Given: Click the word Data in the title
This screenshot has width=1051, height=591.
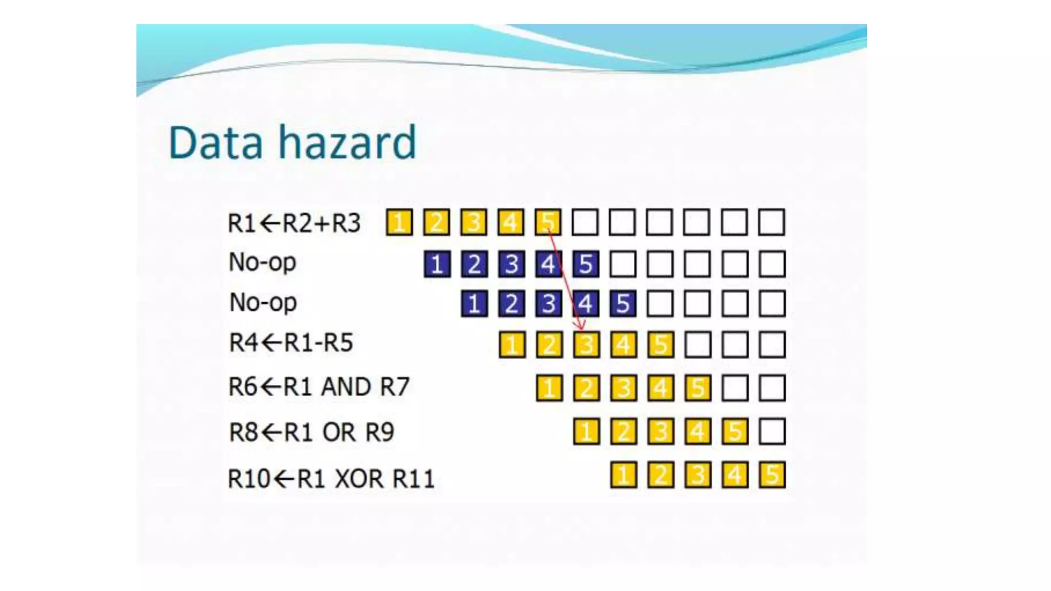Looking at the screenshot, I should coord(216,143).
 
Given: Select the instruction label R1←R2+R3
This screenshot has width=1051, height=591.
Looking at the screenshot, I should coord(294,223).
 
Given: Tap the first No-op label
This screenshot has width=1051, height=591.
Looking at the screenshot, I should coord(262,263).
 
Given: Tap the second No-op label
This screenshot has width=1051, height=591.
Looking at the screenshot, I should coord(263,303).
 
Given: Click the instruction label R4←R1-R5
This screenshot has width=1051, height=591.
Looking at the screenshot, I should coord(291,343).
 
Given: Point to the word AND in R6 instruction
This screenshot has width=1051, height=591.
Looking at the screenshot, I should coord(346,387).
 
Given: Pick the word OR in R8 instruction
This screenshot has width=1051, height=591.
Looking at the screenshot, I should coord(339,432).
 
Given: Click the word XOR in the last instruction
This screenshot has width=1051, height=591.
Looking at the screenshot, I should coord(359,479).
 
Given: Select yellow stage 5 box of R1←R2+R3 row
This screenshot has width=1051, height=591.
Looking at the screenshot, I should coord(548,223).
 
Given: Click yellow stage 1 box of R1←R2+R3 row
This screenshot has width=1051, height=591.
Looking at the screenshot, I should coord(399,223).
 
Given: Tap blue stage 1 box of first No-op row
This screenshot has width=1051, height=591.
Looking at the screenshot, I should coord(437,264).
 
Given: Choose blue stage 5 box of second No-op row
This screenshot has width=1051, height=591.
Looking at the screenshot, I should coord(623,303).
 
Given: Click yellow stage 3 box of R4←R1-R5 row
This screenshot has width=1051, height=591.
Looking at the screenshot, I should coord(586,344).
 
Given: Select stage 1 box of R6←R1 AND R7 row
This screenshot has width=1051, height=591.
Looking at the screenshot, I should coord(549,388).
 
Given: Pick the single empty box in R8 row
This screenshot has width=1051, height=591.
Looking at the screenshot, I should coord(772,431).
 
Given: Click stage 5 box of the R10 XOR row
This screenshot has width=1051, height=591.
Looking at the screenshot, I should coord(772,475).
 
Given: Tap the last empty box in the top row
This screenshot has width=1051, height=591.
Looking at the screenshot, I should coord(772,223).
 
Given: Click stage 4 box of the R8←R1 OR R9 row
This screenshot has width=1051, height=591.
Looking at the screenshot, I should coord(697,431).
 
